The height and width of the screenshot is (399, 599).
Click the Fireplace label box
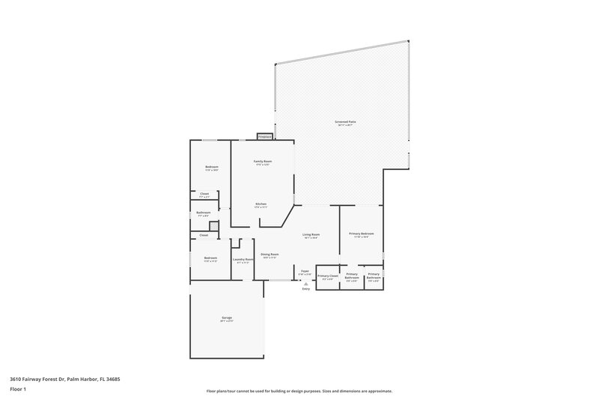pos(264,137)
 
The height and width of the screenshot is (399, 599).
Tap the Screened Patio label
pos(346,121)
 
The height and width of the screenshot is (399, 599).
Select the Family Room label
pos(262,162)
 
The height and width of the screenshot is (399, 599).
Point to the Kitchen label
pos(261,204)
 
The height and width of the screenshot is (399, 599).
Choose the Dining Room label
pos(270,255)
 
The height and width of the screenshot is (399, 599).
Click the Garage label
pos(226,318)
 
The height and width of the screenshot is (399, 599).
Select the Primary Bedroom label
pos(362,234)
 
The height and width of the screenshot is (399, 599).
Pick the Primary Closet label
pos(328,276)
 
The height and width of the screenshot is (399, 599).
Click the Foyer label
pos(305,271)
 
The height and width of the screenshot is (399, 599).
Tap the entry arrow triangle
pos(305,284)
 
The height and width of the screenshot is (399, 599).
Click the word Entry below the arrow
pos(305,289)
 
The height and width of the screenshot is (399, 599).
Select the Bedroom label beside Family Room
pos(212,166)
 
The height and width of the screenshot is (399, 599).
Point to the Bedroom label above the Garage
pos(210,258)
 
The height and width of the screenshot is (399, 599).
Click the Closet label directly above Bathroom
pos(204,194)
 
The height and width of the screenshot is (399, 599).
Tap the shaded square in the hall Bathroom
pos(213,226)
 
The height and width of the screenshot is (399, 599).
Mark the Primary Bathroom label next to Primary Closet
pos(352,276)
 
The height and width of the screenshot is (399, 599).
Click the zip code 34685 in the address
pos(113,379)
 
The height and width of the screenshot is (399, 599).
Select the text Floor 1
pos(18,390)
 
